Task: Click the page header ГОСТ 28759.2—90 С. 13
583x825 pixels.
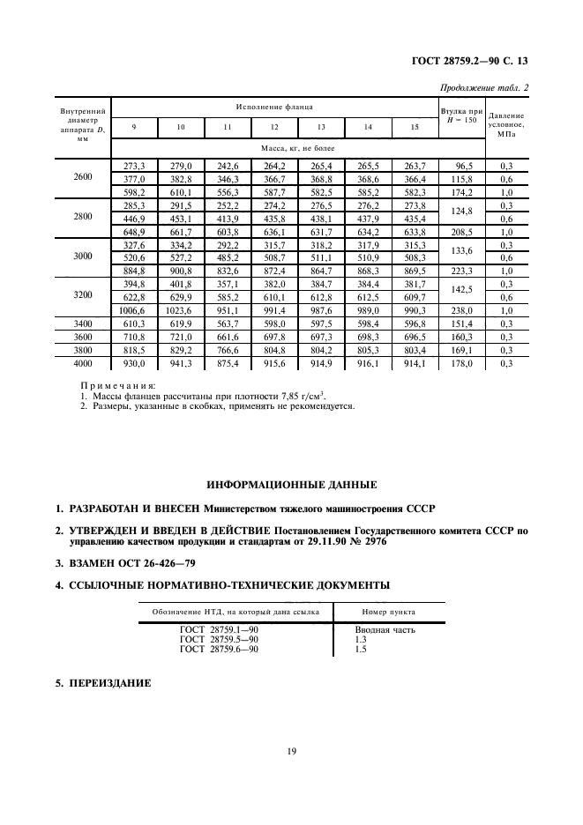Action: (476, 61)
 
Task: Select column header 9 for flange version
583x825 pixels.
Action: (134, 128)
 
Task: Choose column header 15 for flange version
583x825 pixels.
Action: (414, 128)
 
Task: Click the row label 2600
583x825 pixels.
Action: (82, 177)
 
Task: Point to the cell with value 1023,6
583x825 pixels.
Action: (180, 311)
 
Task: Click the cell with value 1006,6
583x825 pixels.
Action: (133, 311)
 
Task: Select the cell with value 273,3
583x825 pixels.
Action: (134, 164)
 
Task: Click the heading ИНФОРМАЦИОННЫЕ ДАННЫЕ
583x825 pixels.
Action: (291, 485)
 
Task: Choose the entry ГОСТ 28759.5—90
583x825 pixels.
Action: (219, 640)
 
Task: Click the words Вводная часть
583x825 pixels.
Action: (385, 630)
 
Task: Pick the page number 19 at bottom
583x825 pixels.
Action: (290, 751)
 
